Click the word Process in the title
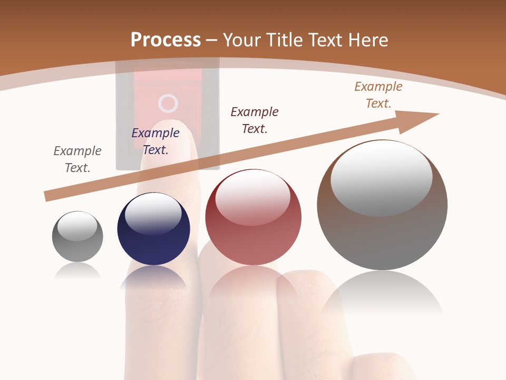click(166, 40)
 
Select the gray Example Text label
click(77, 159)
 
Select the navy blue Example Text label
click(155, 141)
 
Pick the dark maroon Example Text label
click(255, 120)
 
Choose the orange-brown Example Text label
click(378, 95)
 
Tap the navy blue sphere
click(153, 243)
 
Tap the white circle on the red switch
click(168, 103)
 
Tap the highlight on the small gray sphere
click(77, 226)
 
